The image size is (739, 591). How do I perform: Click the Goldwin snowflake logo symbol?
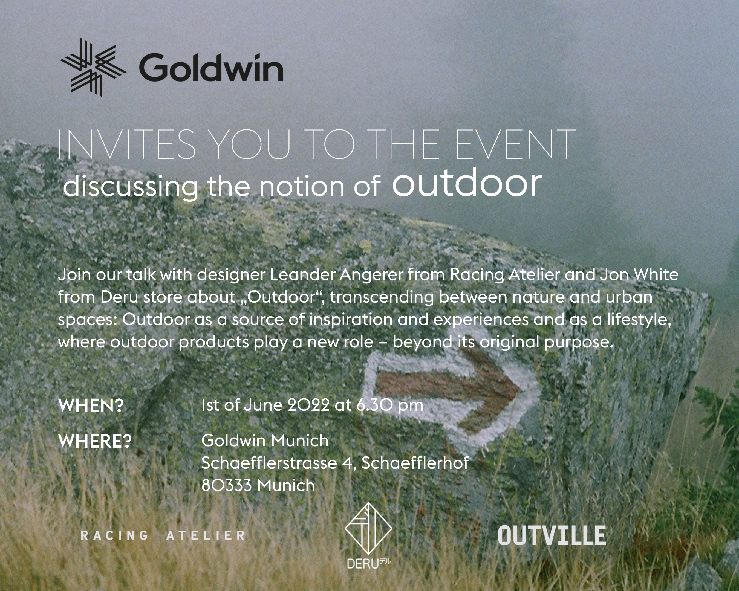click(93, 67)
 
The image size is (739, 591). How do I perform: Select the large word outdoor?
click(467, 183)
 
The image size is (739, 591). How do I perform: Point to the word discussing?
click(130, 187)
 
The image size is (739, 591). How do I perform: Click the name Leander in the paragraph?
click(302, 274)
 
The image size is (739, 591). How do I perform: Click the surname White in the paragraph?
click(656, 274)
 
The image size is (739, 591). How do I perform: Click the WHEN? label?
click(91, 406)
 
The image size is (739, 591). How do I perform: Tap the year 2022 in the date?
click(308, 405)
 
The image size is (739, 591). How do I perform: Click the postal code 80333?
click(226, 485)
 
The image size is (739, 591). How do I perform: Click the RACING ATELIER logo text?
click(163, 535)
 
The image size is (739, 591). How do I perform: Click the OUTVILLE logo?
click(552, 535)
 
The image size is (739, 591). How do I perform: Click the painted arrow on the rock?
click(449, 394)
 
